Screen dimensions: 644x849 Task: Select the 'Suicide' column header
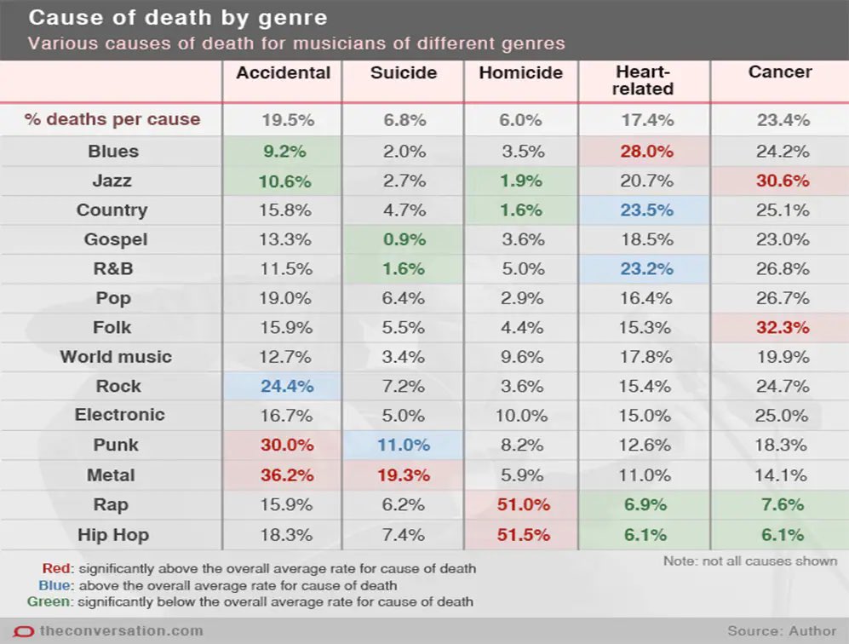pyautogui.click(x=404, y=72)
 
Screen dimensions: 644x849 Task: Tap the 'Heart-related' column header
pyautogui.click(x=642, y=80)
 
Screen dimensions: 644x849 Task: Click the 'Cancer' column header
pyautogui.click(x=780, y=72)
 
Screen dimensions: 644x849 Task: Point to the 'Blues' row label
pyautogui.click(x=112, y=152)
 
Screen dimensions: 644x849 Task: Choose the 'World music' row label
pyautogui.click(x=115, y=357)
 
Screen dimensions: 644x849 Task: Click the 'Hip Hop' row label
pyautogui.click(x=112, y=535)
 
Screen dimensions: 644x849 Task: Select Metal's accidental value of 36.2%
pyautogui.click(x=283, y=475)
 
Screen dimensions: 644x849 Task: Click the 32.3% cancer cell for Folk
pyautogui.click(x=782, y=327)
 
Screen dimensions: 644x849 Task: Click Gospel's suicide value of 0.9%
pyautogui.click(x=404, y=240)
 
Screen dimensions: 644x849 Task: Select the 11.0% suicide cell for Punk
pyautogui.click(x=404, y=446)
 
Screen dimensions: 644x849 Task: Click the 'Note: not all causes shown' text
pyautogui.click(x=749, y=561)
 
